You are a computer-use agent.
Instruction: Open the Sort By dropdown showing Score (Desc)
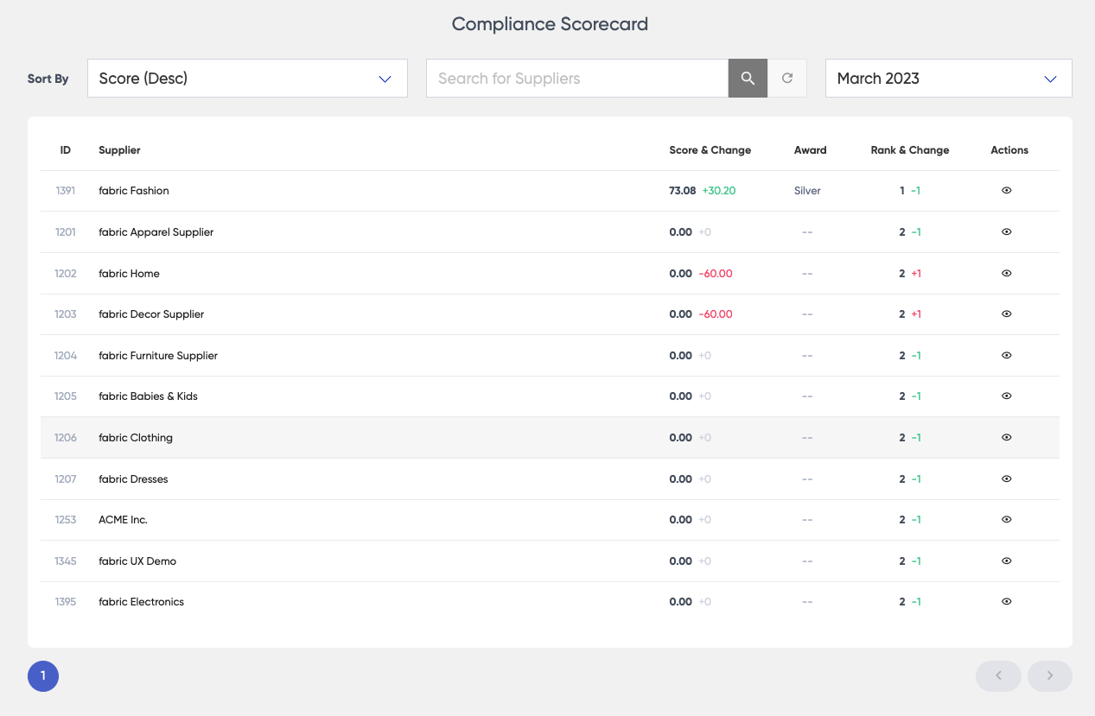tap(247, 79)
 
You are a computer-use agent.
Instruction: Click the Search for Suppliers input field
tap(577, 79)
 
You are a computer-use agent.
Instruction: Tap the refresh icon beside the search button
tap(787, 79)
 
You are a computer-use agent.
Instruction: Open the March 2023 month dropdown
tap(948, 79)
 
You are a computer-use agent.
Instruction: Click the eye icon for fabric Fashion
tap(1006, 191)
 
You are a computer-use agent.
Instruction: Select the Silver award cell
tap(807, 191)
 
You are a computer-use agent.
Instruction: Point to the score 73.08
tap(682, 191)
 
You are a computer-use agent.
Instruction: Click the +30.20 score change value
tap(718, 191)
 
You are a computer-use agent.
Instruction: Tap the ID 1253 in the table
tap(66, 520)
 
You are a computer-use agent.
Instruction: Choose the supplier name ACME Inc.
tap(124, 520)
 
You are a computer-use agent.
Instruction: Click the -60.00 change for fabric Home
tap(716, 274)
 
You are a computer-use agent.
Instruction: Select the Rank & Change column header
tap(909, 150)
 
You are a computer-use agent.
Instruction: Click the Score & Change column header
tap(710, 150)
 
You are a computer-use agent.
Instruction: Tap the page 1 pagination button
tap(43, 676)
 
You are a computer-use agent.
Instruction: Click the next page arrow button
tap(1049, 676)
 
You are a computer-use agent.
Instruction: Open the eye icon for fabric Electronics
tap(1006, 602)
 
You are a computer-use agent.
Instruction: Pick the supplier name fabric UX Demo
tap(137, 561)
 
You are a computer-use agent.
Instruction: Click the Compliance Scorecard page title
tap(550, 24)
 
